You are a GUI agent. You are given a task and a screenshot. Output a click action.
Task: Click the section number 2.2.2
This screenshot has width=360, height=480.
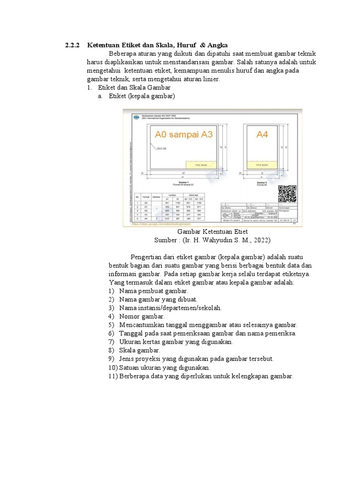point(73,45)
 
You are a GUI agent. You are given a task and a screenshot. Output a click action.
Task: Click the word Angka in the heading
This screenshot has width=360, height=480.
point(217,45)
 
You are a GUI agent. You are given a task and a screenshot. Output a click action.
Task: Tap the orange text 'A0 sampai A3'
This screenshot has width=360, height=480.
point(184,135)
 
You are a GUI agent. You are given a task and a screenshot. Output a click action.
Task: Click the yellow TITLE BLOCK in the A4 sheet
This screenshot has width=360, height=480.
point(264,165)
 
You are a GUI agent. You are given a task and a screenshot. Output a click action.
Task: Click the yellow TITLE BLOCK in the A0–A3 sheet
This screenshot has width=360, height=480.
point(202,165)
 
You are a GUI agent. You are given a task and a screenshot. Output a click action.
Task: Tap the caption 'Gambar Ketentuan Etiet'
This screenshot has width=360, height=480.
point(212,232)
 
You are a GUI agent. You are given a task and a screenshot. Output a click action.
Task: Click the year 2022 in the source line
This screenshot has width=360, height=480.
point(261,240)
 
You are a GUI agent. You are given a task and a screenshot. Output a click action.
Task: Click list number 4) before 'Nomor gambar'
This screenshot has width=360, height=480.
point(112,316)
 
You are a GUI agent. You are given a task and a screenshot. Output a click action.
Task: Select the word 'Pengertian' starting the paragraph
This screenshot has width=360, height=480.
point(147,257)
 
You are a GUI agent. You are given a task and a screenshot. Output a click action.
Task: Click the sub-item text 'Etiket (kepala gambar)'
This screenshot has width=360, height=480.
point(142,96)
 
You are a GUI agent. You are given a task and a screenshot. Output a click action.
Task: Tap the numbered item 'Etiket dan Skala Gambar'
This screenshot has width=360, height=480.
point(135,88)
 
